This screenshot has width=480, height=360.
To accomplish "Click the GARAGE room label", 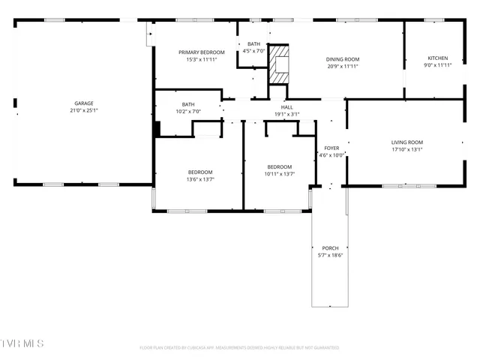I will point(83,103).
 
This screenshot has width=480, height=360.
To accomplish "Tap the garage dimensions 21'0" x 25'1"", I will point(83,110).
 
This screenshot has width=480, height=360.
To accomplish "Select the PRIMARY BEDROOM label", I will point(201,52).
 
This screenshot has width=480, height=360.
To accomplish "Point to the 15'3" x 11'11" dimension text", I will point(201,59).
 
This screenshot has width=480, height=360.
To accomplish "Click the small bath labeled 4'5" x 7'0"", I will point(253,47).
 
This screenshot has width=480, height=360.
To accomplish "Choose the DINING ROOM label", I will point(342,58).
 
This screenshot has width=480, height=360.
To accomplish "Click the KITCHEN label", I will point(438,58).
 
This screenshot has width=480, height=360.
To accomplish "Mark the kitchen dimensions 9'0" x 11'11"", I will point(438,65).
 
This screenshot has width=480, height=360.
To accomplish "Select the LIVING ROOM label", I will point(407,142).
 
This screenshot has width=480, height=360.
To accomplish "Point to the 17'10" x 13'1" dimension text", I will point(407,149).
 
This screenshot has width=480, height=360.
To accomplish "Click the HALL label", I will point(286,107).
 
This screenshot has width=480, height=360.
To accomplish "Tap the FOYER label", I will point(331,148).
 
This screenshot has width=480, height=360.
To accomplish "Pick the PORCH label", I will point(330,248).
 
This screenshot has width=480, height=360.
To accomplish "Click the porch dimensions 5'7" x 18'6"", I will point(330,256).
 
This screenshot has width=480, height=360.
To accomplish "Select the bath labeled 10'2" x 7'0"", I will point(188,107).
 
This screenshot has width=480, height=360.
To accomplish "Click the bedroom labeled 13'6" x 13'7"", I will point(199,175).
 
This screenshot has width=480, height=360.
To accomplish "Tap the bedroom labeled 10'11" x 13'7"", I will point(279,170).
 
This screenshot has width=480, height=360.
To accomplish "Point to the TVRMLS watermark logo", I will point(22,343).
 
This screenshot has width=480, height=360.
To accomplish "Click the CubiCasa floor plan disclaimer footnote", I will point(239,348).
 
